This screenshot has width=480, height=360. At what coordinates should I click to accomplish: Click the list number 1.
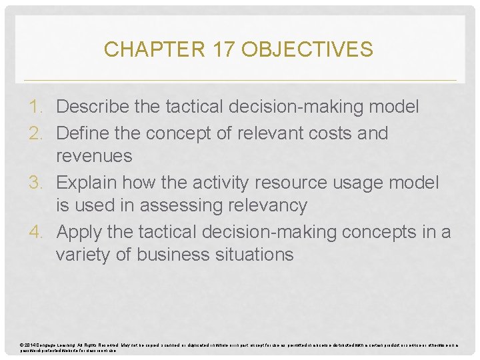click(39, 107)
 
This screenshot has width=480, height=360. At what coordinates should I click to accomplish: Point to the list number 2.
click(39, 133)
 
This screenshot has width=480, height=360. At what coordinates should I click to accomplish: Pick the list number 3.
click(39, 182)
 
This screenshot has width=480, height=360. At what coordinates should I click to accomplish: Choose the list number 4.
click(39, 231)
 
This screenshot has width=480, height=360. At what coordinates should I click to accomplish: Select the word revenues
click(94, 157)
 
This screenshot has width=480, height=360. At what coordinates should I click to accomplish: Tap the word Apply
click(81, 231)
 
